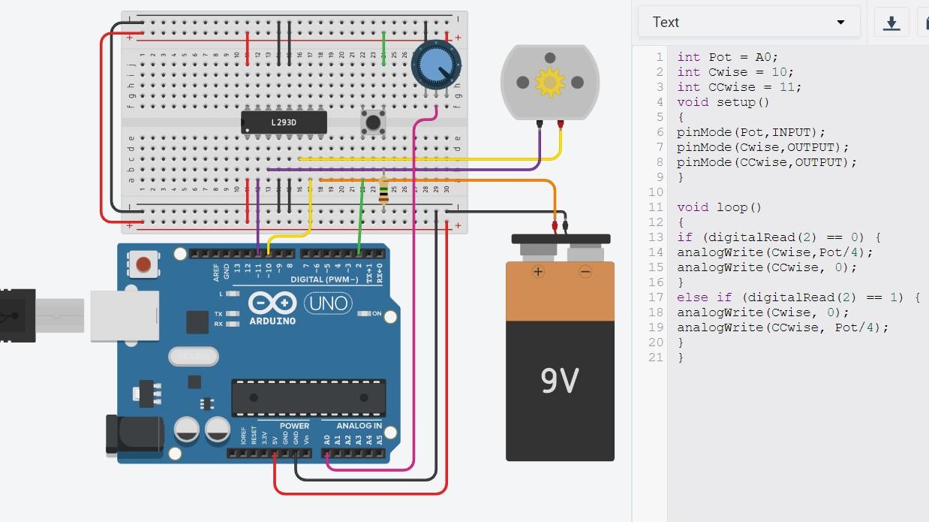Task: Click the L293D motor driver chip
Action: click(x=284, y=122)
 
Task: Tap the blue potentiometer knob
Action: click(x=434, y=66)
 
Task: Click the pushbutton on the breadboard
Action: click(x=372, y=122)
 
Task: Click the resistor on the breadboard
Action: click(x=384, y=192)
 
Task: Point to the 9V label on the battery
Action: click(x=559, y=381)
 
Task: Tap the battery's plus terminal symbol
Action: click(x=537, y=271)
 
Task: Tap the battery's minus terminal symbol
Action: click(x=585, y=271)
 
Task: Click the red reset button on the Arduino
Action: click(x=143, y=264)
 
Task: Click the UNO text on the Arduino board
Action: click(x=329, y=303)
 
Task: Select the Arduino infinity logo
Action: click(x=273, y=303)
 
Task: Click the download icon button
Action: click(x=891, y=23)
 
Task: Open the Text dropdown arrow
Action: click(x=840, y=23)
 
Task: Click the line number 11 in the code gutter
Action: click(x=656, y=207)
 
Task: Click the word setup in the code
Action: click(x=735, y=102)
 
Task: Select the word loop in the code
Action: click(x=732, y=207)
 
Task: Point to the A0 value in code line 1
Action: click(x=763, y=57)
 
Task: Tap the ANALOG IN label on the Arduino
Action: click(x=358, y=426)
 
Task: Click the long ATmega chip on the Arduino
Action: click(x=308, y=397)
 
